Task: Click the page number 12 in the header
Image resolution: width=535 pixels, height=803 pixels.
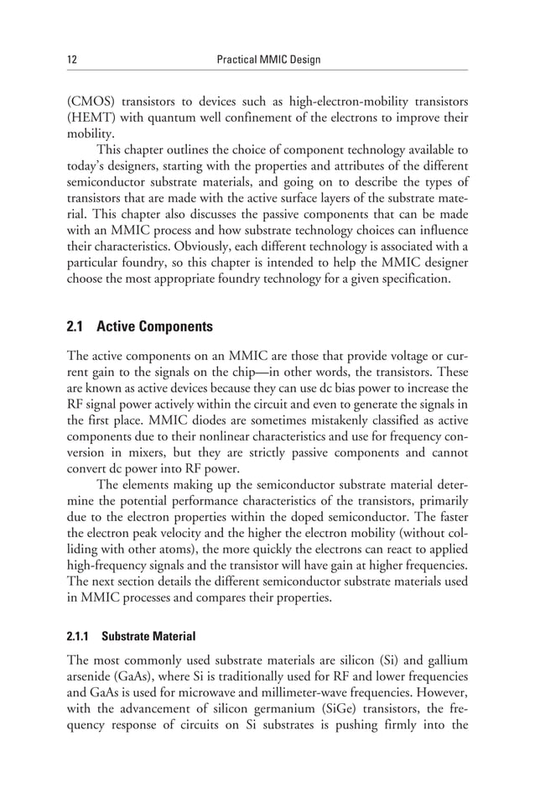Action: click(72, 60)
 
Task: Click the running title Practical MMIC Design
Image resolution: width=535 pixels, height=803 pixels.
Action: click(267, 60)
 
